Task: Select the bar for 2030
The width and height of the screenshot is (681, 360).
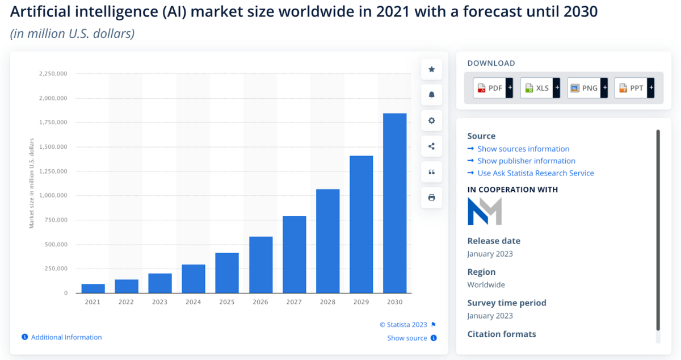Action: point(394,203)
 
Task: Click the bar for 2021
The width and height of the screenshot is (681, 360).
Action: point(93,288)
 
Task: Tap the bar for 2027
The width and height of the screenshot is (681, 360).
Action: point(294,254)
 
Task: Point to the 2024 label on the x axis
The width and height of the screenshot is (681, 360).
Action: point(193,302)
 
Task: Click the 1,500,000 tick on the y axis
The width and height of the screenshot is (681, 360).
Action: point(53,147)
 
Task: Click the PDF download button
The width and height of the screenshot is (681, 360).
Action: point(490,88)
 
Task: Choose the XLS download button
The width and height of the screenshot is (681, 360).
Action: point(537,88)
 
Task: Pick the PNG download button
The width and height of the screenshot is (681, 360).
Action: point(584,88)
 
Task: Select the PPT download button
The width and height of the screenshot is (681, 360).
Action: point(631,88)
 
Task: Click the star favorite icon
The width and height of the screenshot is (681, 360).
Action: point(431,69)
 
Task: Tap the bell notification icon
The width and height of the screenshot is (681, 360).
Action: point(431,95)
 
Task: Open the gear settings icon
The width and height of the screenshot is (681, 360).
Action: point(431,120)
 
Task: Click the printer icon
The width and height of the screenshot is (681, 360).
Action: point(431,198)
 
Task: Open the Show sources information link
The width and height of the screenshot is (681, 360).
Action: point(523,149)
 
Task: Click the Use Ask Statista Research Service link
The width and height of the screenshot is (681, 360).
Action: point(535,173)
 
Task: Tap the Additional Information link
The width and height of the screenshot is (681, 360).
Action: point(66,337)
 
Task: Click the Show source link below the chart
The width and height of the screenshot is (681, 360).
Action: point(407,338)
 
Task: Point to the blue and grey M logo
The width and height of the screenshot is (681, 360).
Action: point(485,211)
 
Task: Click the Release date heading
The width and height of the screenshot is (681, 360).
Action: point(494,241)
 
